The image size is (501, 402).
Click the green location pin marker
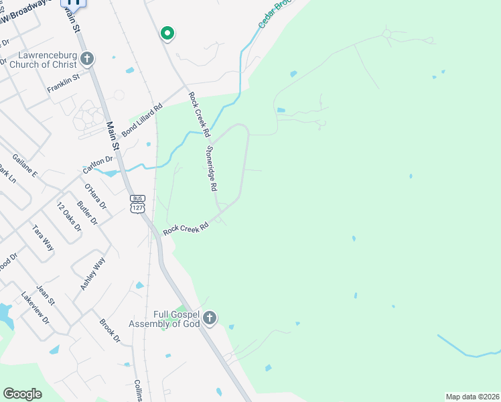[x=167, y=33]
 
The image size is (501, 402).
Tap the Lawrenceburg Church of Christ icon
[x=86, y=59]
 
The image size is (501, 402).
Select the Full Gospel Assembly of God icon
[x=210, y=318]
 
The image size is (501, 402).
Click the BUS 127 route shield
[x=137, y=204]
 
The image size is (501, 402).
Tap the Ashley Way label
[x=93, y=273]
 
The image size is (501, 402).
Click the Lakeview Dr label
[x=35, y=308]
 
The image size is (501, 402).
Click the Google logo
[x=22, y=394]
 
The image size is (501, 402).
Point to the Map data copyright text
[x=472, y=397]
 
